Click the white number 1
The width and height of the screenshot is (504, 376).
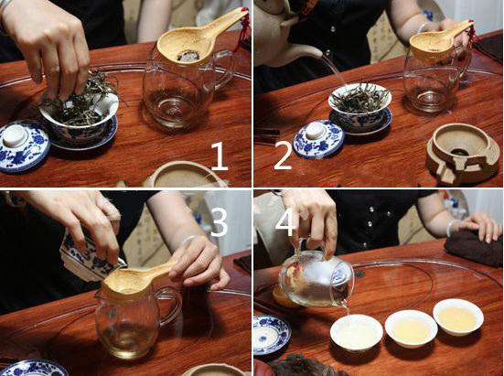220,156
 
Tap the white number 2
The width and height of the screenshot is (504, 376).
283,156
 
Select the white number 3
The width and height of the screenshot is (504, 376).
219,222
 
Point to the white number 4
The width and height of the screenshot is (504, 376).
285,222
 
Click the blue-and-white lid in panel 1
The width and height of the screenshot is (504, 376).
23,145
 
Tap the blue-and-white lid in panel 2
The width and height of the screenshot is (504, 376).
319,138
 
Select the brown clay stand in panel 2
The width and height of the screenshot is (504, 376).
459,156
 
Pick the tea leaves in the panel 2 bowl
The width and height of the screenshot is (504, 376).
360,96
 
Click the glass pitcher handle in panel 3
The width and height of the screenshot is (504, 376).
172,306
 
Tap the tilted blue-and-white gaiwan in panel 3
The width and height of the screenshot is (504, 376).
90,257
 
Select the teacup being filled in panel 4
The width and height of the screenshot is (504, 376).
357,332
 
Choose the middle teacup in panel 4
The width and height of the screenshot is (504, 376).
411,328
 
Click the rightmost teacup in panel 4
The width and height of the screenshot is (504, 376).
458,317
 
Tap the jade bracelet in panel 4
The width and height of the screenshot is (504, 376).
451,228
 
